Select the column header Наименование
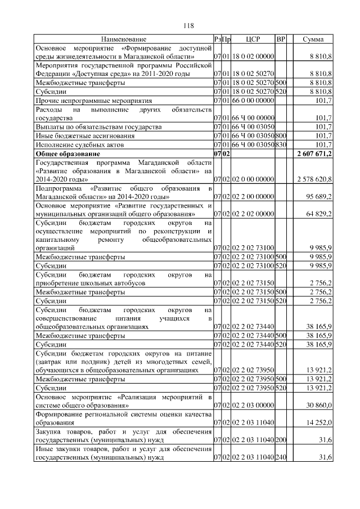[x=124, y=39]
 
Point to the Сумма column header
[x=313, y=39]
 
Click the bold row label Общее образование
[x=67, y=154]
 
